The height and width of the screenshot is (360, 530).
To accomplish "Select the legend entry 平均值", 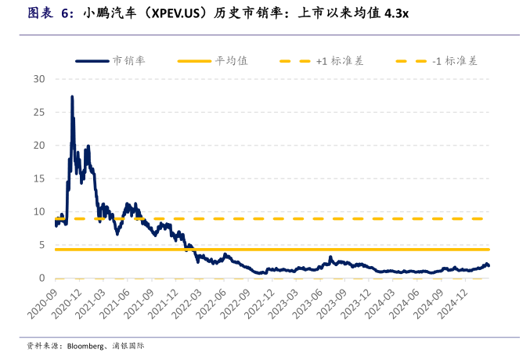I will (x=232, y=60).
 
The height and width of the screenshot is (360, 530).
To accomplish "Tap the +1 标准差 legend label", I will (x=340, y=60).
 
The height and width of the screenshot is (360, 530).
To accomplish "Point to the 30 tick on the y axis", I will (x=40, y=79).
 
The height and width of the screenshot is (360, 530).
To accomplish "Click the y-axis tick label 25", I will (x=40, y=112).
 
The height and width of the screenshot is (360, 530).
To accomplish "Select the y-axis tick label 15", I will (x=40, y=178).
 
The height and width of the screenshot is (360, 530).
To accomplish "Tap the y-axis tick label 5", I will (x=43, y=245).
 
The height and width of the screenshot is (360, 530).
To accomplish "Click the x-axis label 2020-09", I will (x=44, y=301).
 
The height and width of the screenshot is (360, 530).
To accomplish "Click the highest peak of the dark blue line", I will (x=72, y=97).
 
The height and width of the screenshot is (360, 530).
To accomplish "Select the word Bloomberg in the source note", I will (x=86, y=345).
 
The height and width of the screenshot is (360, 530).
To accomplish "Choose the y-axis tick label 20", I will (x=40, y=146).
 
